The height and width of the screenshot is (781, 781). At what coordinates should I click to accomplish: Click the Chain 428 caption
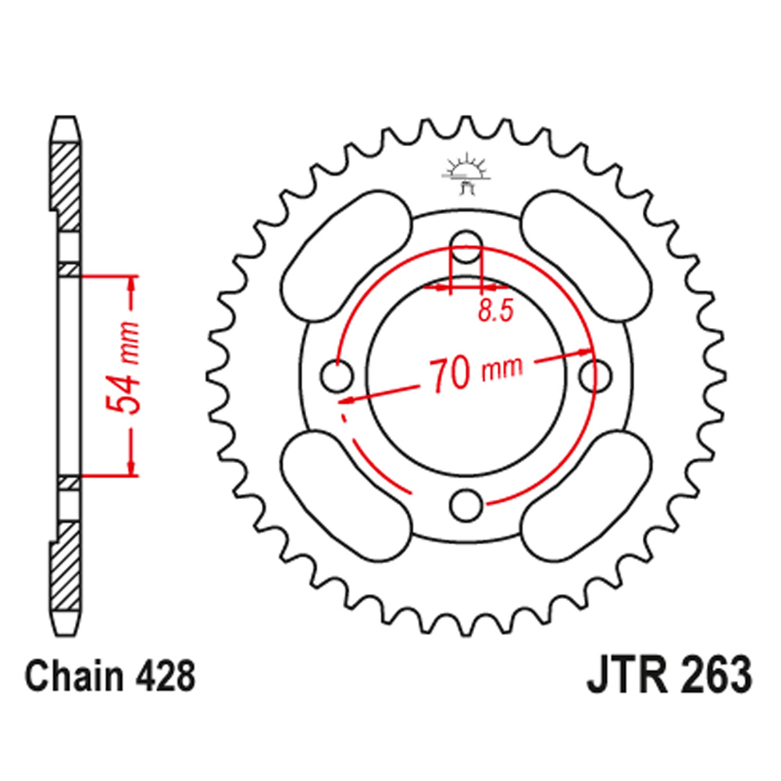109,676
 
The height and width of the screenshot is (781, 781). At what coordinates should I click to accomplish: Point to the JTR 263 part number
669,676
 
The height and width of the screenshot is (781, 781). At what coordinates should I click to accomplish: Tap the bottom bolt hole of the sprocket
467,505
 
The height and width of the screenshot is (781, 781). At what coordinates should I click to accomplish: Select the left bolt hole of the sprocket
337,375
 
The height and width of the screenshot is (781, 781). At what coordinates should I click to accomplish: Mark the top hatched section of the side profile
66,180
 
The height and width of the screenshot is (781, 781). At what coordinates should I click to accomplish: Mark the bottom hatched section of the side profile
66,562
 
